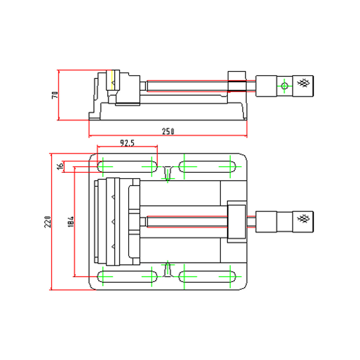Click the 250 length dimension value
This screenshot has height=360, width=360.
click(x=168, y=131)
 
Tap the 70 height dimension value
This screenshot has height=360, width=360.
click(x=55, y=95)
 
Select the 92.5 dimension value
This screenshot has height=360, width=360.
click(x=127, y=143)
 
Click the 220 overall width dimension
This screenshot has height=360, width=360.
click(x=48, y=221)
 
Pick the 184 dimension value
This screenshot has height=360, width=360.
click(x=70, y=221)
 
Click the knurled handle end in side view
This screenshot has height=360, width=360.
click(x=305, y=83)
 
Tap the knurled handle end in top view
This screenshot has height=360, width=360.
click(x=305, y=219)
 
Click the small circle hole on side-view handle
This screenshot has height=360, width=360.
click(x=284, y=85)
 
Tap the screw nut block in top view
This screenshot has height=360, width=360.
click(x=237, y=221)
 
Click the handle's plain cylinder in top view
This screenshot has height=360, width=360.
click(x=266, y=220)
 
